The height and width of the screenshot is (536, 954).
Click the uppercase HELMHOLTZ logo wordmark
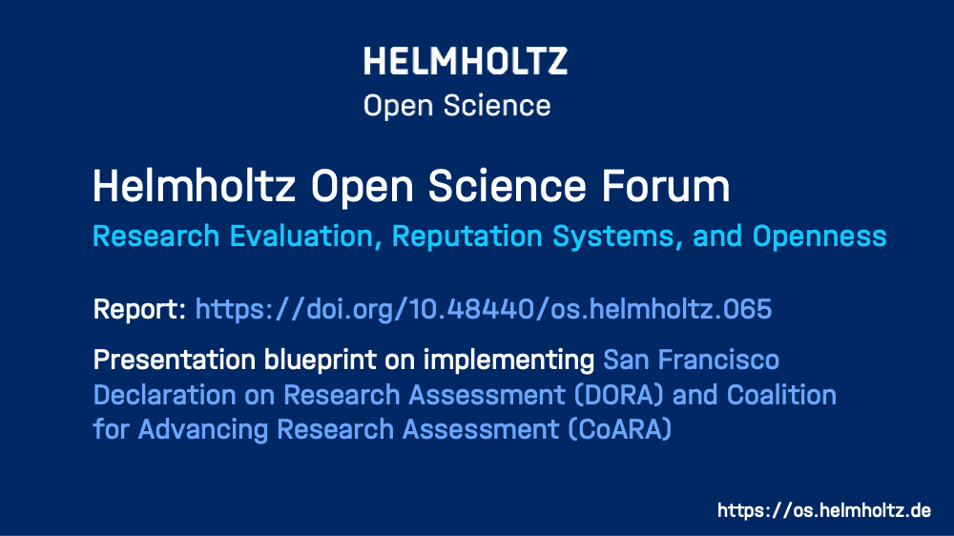466,61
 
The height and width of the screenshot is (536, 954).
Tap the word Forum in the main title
666,186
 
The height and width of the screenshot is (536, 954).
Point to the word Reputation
467,237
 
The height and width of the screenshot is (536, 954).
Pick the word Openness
819,237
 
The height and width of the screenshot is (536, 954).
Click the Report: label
139,309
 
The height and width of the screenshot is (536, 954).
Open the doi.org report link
483,309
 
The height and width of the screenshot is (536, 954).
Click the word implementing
508,361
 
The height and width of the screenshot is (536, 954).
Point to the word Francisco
718,360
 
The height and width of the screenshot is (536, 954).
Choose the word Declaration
165,395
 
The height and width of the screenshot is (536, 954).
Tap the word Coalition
781,395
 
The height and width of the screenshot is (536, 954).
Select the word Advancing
202,429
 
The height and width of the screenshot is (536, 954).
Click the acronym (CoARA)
620,429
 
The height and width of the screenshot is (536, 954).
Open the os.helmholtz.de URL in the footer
824,510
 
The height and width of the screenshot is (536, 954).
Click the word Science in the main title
508,186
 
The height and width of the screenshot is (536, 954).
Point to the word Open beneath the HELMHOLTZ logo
398,106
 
